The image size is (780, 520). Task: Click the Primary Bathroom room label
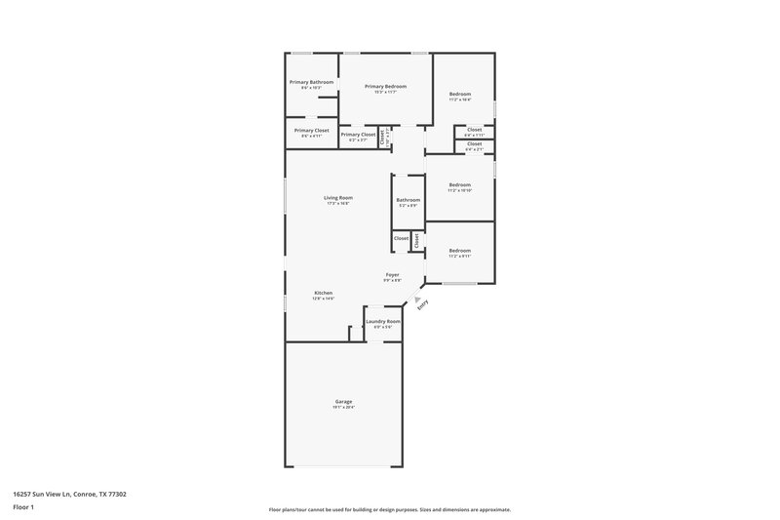coord(311,82)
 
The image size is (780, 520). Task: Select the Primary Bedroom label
coord(385,87)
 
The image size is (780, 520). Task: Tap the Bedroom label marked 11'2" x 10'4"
coord(459,94)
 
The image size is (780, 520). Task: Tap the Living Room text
coord(337,198)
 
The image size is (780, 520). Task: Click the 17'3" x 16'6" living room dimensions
coord(337,204)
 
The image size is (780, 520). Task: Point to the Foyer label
coord(392,275)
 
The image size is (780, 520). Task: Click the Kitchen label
coord(323,293)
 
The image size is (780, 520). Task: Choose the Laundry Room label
coord(382,321)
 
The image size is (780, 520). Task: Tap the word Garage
coord(343,401)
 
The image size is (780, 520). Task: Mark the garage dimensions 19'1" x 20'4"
coord(343,407)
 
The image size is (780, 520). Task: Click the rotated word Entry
coord(422,304)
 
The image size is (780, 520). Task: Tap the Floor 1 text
coord(23,508)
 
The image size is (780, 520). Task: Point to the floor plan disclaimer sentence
coord(389,509)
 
